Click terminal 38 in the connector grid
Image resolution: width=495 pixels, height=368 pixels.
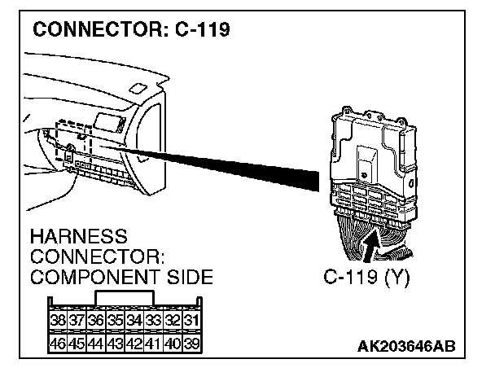point(59,320)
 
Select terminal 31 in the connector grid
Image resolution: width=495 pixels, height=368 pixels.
point(192,320)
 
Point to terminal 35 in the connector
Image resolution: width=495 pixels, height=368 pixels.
point(116,320)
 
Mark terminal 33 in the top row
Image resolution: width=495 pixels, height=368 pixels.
point(154,320)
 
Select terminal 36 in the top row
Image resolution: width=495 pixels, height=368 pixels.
point(97,320)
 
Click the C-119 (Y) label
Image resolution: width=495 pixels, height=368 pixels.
point(366,277)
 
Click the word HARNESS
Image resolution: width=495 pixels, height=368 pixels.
point(79,237)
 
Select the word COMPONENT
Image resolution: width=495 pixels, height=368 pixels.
point(92,277)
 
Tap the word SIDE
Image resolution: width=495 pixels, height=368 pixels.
point(185,277)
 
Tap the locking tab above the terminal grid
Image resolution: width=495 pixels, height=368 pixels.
point(125,297)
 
